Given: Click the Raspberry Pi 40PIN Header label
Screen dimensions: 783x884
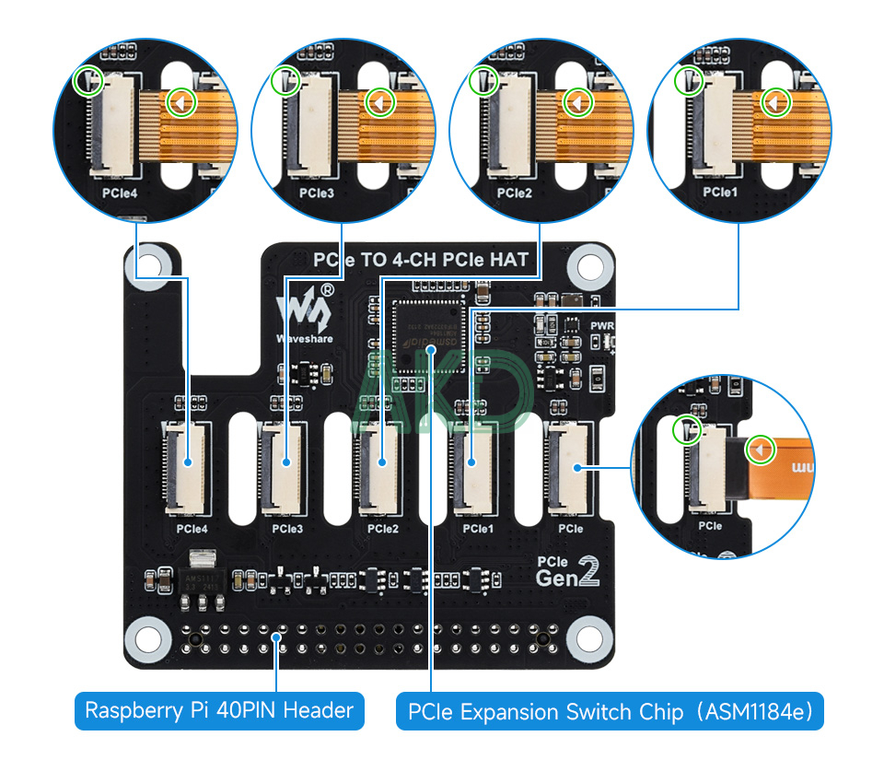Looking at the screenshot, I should [219, 710].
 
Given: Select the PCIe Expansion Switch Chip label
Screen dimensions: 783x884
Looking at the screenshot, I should [610, 712].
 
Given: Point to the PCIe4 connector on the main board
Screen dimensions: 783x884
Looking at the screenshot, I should [187, 468].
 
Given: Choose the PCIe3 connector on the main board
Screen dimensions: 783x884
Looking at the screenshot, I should [284, 468].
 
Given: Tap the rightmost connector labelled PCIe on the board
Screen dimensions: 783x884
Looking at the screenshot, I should [570, 466].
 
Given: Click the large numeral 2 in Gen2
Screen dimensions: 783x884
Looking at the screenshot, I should [589, 572].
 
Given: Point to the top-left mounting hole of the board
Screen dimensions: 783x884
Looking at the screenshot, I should [151, 264].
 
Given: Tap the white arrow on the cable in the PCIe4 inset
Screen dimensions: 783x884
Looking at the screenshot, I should [181, 102].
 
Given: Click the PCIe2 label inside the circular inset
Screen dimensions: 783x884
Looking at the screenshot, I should [515, 193].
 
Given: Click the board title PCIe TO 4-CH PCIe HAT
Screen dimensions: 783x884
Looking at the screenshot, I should [423, 260].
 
